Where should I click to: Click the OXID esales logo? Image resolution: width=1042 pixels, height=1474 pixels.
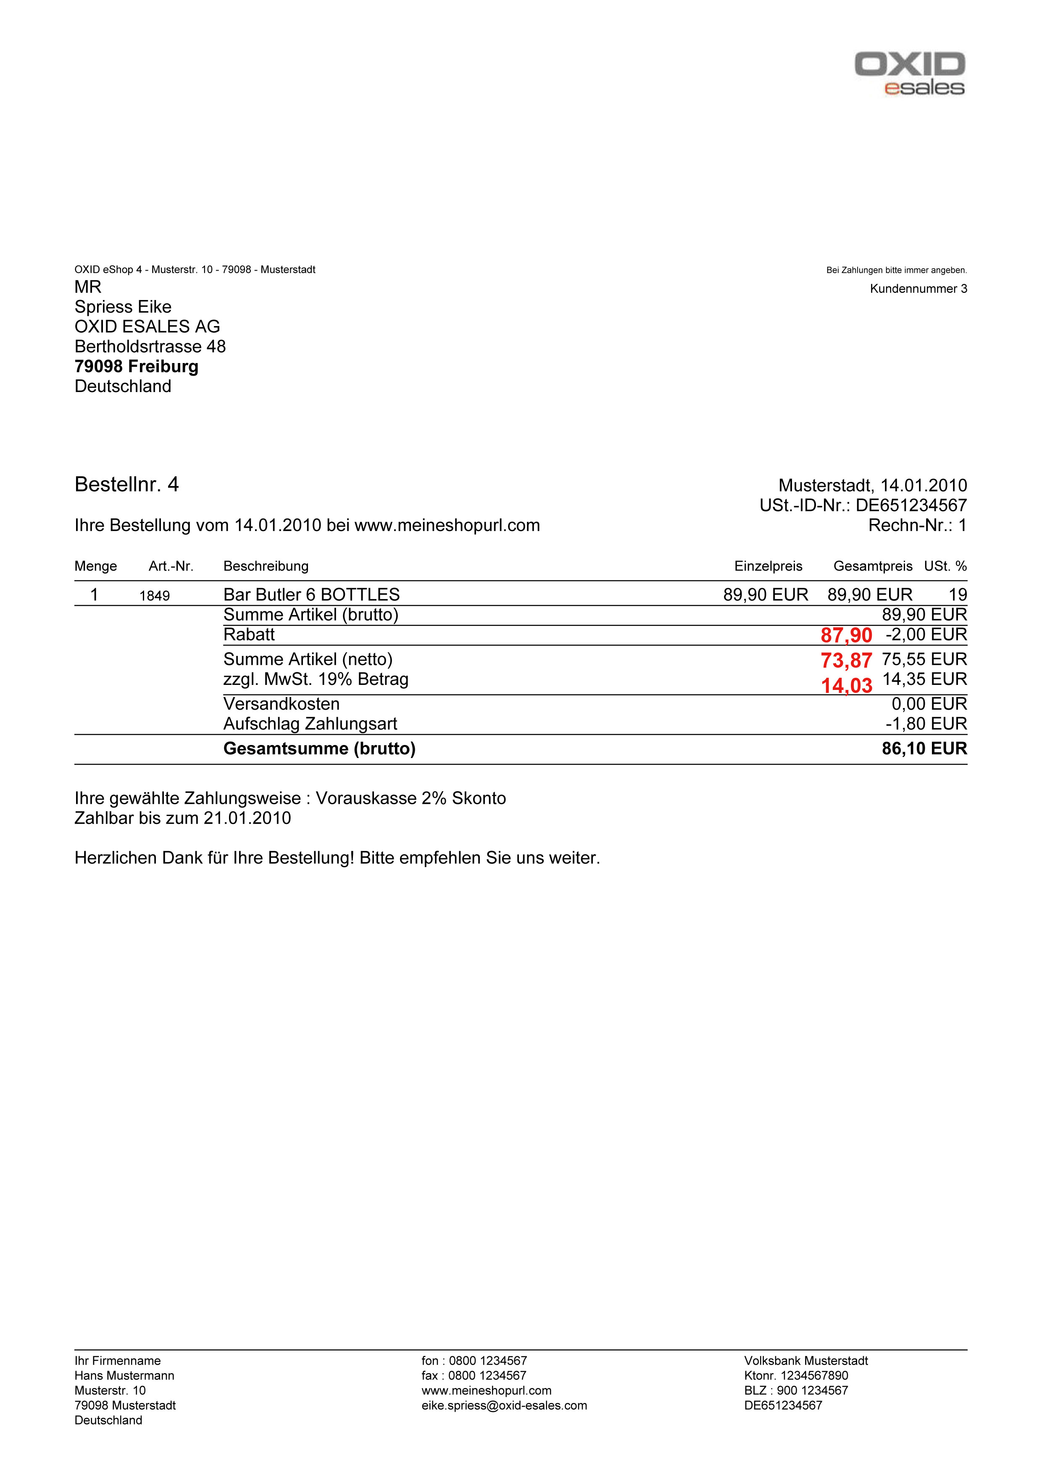[x=909, y=74]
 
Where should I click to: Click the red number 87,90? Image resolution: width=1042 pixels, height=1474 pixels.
[x=846, y=636]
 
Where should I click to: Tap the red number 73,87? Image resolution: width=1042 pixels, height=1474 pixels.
[x=846, y=661]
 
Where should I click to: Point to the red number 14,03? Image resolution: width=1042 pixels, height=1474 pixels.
[x=846, y=686]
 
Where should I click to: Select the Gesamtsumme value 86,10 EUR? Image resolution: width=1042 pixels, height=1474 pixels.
[x=924, y=749]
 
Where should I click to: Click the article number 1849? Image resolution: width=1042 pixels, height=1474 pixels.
[x=155, y=596]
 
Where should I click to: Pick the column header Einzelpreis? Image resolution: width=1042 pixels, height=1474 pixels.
[x=768, y=566]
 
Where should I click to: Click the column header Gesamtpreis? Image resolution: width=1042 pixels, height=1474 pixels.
[x=873, y=566]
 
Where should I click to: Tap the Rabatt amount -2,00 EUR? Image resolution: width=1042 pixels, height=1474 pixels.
[x=926, y=635]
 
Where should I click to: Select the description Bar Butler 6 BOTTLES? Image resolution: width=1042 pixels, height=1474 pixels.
[x=311, y=595]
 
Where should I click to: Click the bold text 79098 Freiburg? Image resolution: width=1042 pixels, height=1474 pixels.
[x=136, y=366]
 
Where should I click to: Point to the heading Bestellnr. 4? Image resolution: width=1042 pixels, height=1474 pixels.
[x=126, y=485]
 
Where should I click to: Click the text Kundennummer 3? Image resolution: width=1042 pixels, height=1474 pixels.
[x=918, y=289]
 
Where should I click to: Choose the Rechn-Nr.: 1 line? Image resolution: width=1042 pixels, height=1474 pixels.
[x=917, y=526]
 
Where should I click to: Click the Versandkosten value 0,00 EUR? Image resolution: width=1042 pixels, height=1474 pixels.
[x=929, y=704]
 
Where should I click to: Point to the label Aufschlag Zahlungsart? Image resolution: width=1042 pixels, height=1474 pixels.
[x=310, y=724]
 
